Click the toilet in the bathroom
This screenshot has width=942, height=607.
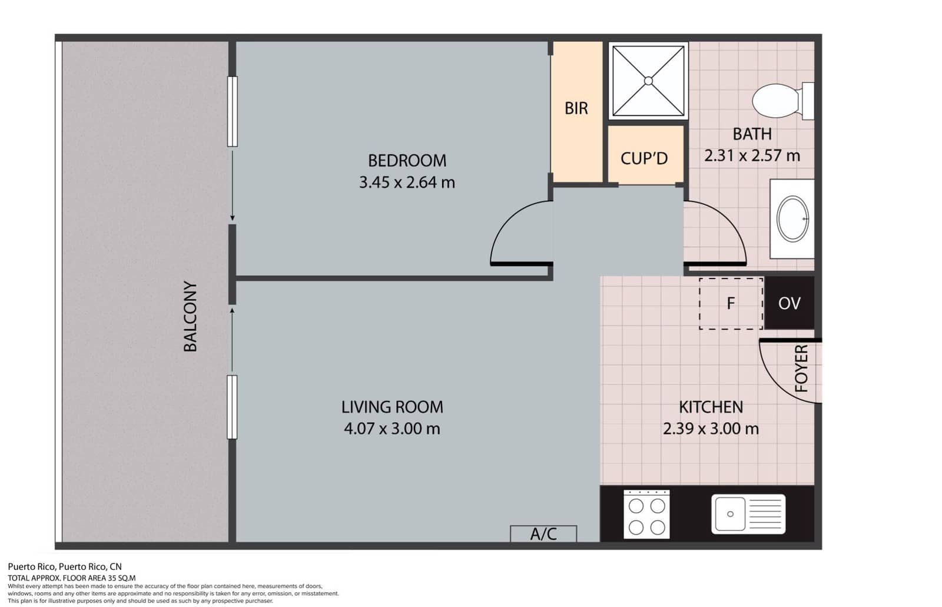click(x=777, y=101)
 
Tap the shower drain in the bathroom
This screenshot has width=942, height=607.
click(x=648, y=81)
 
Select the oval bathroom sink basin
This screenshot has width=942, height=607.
click(x=792, y=218)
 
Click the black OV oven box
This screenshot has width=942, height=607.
click(x=789, y=303)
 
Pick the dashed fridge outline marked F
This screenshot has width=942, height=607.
click(x=731, y=303)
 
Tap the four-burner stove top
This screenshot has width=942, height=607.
click(x=646, y=514)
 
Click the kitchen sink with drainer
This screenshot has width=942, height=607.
click(x=748, y=514)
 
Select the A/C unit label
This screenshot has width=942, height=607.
click(x=543, y=533)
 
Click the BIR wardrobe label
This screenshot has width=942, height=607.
click(x=576, y=108)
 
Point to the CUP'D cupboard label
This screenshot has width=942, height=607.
click(x=644, y=158)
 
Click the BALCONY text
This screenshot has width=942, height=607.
click(x=190, y=317)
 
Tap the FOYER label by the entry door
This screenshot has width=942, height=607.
click(x=801, y=369)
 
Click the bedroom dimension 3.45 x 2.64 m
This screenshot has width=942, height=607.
click(x=407, y=183)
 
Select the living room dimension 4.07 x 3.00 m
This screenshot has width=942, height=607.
click(x=392, y=429)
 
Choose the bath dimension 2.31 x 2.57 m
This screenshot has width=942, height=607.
click(x=752, y=156)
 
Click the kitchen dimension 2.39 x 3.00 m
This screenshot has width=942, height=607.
click(x=711, y=429)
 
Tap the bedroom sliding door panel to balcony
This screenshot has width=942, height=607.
click(x=233, y=111)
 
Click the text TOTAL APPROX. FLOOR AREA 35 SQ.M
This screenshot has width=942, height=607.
click(x=71, y=578)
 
